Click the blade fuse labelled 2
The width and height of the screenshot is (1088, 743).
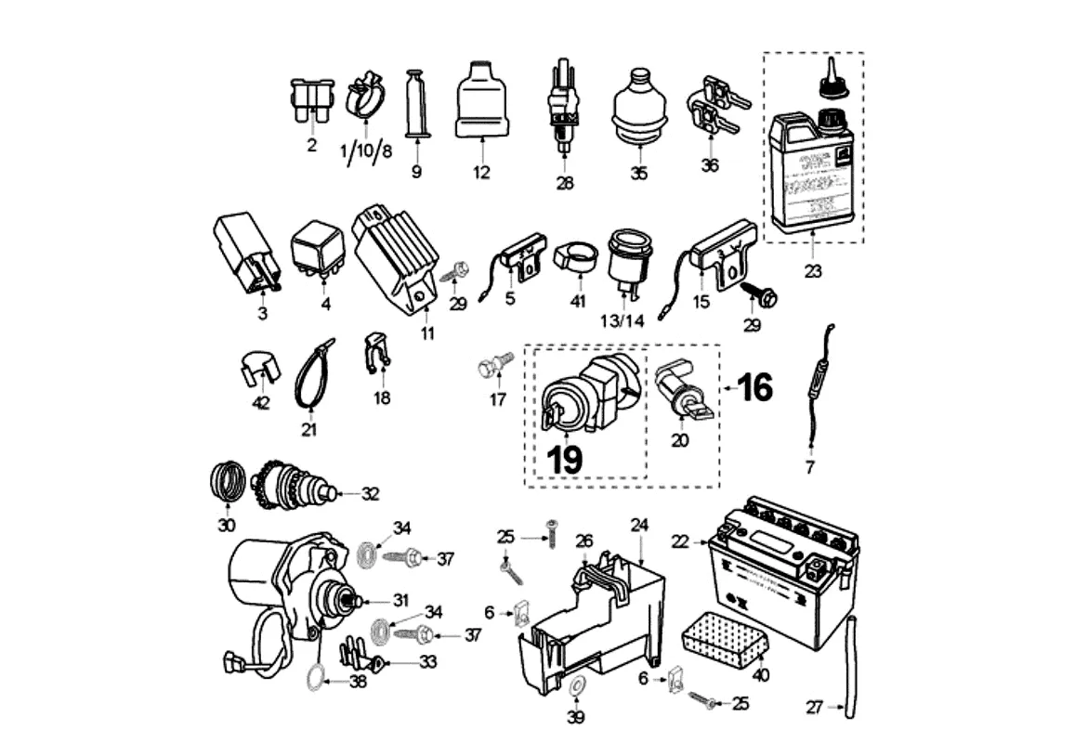pyautogui.click(x=310, y=99)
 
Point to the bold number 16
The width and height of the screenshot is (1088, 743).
pyautogui.click(x=755, y=387)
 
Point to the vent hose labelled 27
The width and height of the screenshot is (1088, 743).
pyautogui.click(x=847, y=664)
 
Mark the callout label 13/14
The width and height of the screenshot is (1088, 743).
pyautogui.click(x=622, y=320)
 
